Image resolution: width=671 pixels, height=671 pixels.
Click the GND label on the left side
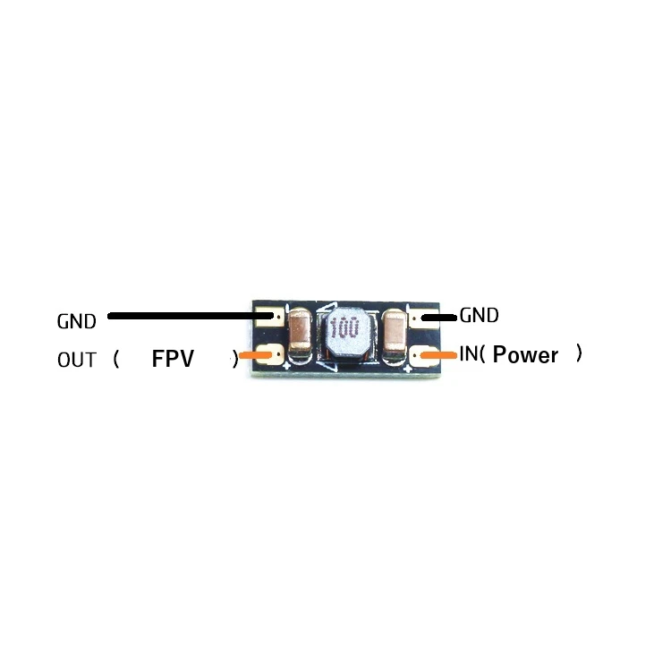(76, 321)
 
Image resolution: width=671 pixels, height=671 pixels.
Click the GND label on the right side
(479, 315)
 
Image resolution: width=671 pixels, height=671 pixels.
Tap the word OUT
(76, 361)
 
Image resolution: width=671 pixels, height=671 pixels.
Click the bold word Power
(525, 355)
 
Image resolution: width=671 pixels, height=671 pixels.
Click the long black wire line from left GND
(188, 316)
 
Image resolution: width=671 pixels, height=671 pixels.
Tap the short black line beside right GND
(438, 316)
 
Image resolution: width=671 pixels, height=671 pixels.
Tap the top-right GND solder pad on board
(418, 316)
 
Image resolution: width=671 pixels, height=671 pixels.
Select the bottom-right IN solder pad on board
(419, 356)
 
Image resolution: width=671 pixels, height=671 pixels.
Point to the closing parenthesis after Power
(580, 354)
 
